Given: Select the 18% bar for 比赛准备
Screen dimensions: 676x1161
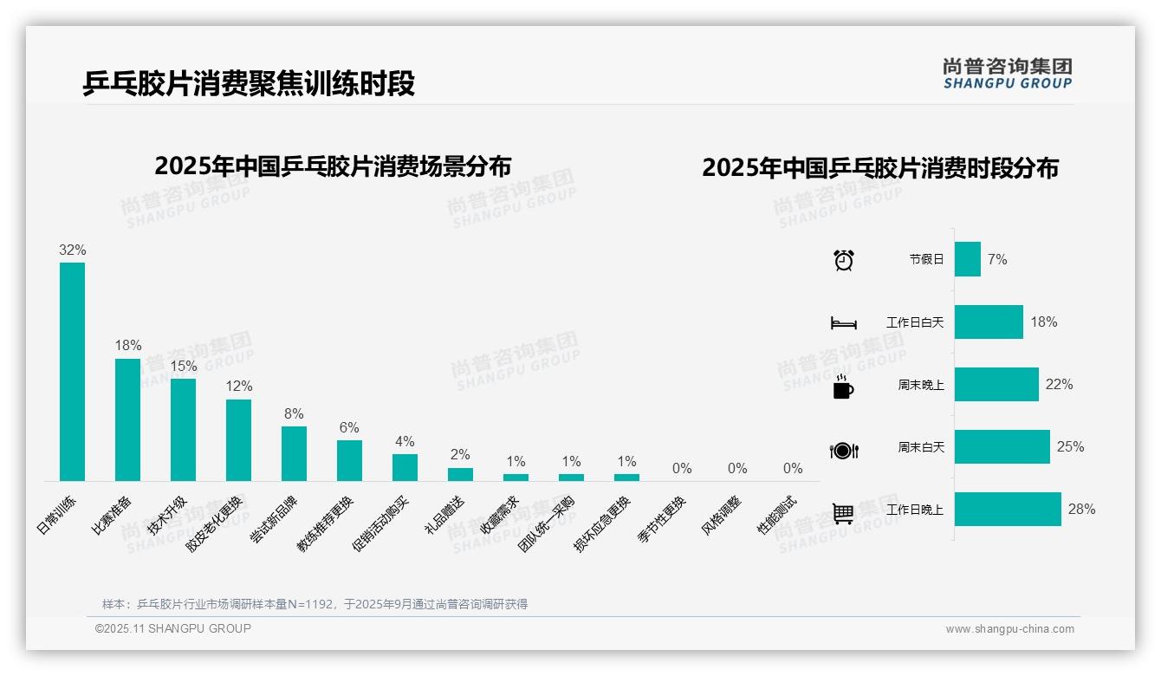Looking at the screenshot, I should click(127, 419).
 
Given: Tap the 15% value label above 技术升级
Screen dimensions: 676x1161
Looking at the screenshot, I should click(183, 367).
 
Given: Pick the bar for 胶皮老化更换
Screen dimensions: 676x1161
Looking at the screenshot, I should click(238, 439).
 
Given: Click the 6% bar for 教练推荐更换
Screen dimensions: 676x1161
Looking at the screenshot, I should click(349, 460).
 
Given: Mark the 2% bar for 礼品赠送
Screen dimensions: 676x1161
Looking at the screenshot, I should click(460, 474).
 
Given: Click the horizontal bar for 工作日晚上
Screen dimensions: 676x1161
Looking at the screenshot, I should click(1008, 510).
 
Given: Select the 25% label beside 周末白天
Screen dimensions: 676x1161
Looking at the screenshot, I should click(1070, 447).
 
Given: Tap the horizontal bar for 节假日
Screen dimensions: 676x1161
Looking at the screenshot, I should click(968, 259).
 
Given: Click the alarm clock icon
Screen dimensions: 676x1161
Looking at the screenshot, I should click(844, 260).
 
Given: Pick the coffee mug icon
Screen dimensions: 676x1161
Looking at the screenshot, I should click(843, 386).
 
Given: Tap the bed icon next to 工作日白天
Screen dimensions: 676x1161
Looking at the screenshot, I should click(844, 323).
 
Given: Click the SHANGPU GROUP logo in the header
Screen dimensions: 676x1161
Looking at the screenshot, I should click(1008, 74).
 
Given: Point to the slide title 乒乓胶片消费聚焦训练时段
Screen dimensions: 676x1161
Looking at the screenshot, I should click(250, 83).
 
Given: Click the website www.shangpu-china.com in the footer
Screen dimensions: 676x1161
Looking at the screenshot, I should click(1009, 629).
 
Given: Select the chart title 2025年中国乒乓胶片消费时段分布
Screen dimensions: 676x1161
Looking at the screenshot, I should click(880, 168).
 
